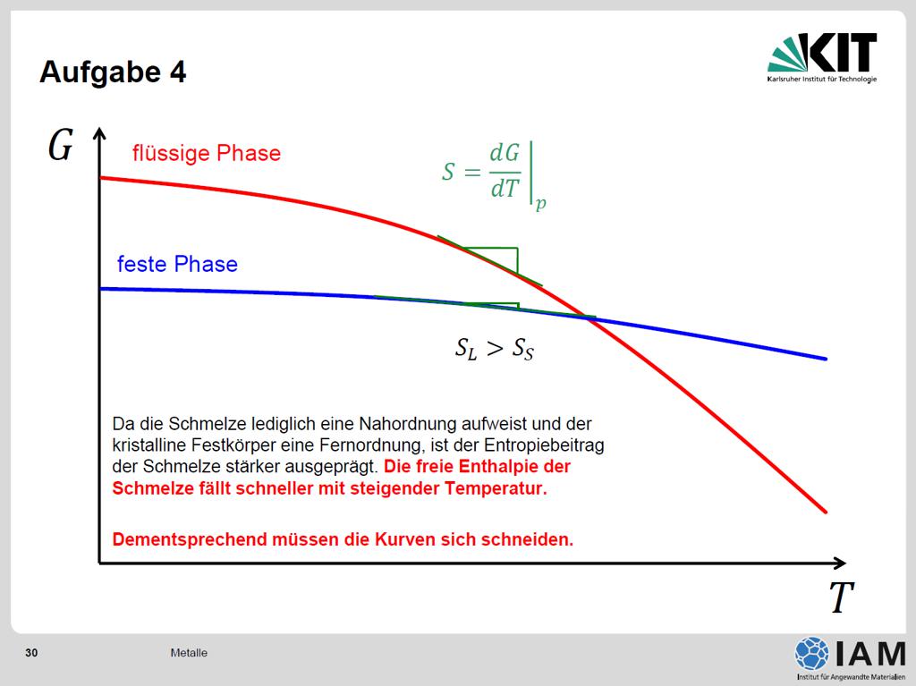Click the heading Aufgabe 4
tap(113, 72)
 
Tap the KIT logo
tap(822, 57)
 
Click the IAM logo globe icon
tap(811, 653)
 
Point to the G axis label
tap(60, 145)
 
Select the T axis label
tap(841, 597)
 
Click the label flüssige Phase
tap(207, 153)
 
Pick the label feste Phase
tap(177, 264)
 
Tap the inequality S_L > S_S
tap(494, 349)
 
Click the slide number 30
tap(31, 653)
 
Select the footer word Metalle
tap(189, 653)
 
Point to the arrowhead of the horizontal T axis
tap(840, 563)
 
